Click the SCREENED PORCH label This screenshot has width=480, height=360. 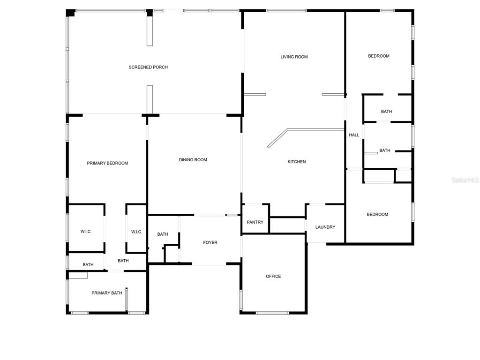(148, 67)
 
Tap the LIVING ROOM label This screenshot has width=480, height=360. (294, 57)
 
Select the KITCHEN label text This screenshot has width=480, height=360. (296, 162)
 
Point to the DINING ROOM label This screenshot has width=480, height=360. (193, 160)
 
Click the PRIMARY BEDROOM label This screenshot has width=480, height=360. (107, 163)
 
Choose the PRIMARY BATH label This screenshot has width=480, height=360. (106, 293)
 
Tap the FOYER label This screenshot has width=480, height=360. (210, 242)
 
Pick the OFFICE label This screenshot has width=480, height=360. (273, 276)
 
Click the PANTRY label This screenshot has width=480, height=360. (255, 222)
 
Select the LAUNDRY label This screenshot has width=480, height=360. (325, 227)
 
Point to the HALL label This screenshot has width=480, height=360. (354, 135)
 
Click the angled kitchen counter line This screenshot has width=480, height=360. (277, 138)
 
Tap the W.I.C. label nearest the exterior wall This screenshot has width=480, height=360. (86, 232)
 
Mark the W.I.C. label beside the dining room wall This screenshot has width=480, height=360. (136, 232)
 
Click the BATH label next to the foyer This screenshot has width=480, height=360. (163, 234)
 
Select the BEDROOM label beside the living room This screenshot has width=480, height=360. (379, 56)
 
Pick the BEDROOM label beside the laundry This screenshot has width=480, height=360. (377, 214)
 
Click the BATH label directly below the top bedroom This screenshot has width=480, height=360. (386, 112)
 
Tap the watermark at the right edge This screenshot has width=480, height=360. (465, 180)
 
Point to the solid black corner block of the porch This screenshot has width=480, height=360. (70, 13)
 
